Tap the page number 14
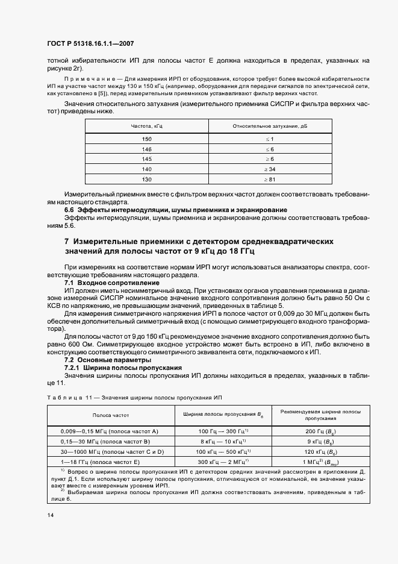pos(50,515)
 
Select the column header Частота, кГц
pos(147,125)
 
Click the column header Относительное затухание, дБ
pos(270,125)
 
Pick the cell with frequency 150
pos(147,139)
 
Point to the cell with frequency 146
pos(147,149)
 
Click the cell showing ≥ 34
pos(270,169)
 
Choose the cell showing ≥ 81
pos(270,180)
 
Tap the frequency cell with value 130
pos(147,180)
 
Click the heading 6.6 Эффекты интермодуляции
pos(175,210)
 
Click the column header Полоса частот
pos(110,416)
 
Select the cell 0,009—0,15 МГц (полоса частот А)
pos(110,431)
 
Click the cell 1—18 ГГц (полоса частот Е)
pos(110,462)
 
